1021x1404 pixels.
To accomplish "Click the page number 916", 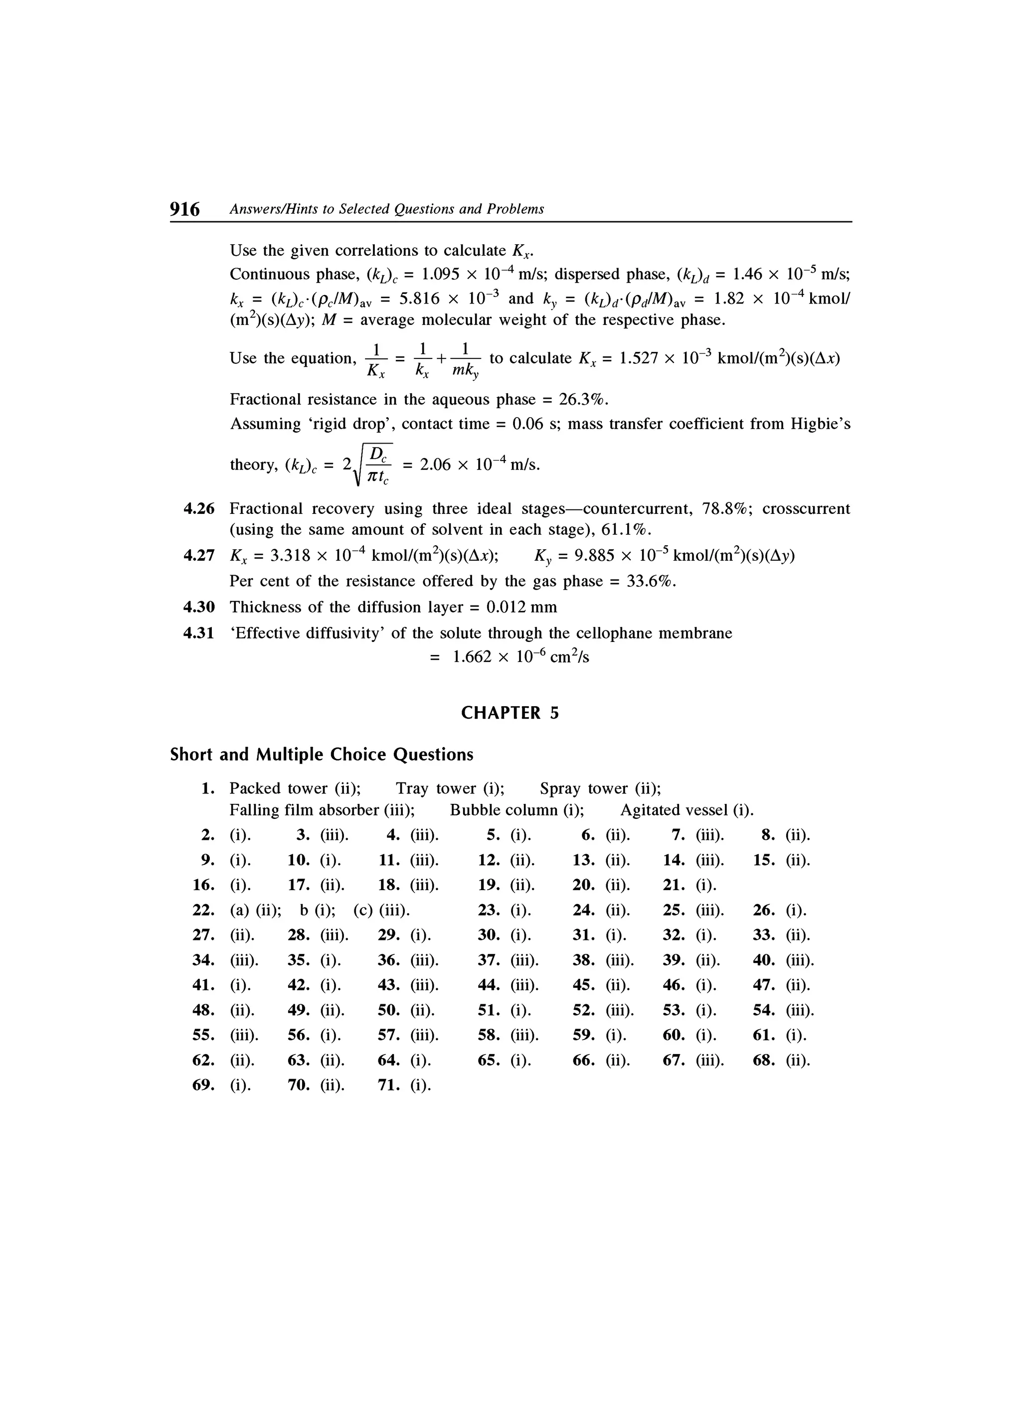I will point(184,209).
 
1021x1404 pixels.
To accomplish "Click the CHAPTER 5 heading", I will point(510,713).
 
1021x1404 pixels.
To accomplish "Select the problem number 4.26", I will point(199,509).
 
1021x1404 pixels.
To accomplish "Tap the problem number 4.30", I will point(199,607).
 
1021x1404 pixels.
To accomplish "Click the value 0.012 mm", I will point(522,607).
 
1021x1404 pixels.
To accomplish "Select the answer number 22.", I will point(204,911).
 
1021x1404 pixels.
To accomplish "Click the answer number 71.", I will point(389,1086).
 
